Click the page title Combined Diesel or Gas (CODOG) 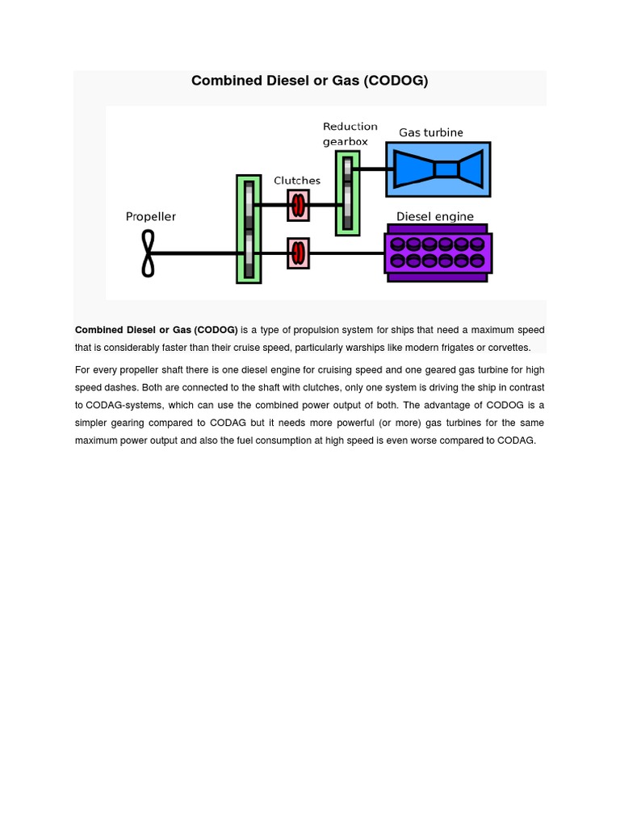(x=309, y=81)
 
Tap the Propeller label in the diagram (x=150, y=216)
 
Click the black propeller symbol (x=149, y=253)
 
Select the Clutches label (x=297, y=181)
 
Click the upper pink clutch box (x=298, y=205)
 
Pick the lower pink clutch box (x=298, y=253)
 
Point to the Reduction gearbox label (x=350, y=134)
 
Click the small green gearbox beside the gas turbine (x=348, y=194)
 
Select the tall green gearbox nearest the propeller (x=249, y=229)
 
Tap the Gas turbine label (x=431, y=133)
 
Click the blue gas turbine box (x=438, y=169)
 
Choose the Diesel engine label (x=434, y=216)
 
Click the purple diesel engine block (x=438, y=253)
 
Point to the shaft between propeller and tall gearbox (x=195, y=253)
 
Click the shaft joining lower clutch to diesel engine (x=347, y=253)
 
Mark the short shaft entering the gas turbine (x=373, y=169)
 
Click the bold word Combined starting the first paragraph (x=99, y=330)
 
